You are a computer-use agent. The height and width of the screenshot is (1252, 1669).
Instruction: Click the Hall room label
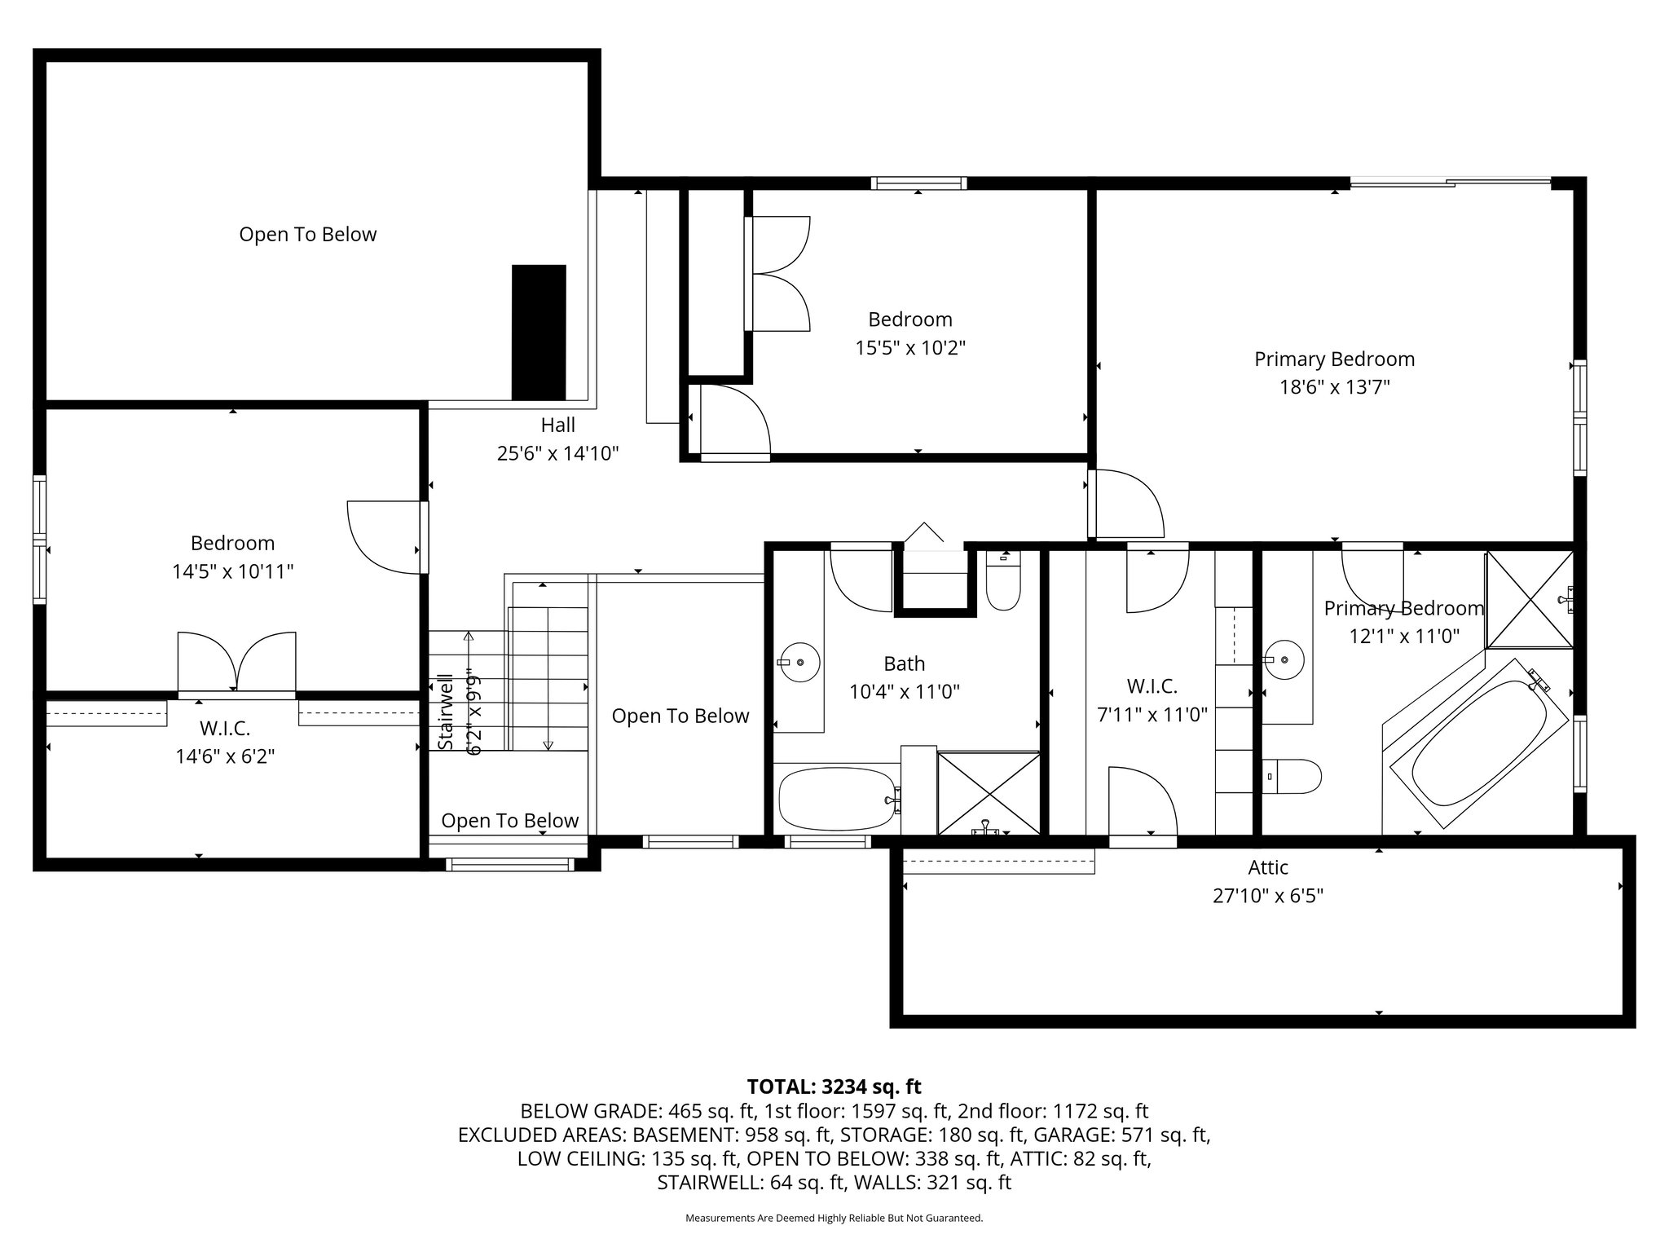pos(558,425)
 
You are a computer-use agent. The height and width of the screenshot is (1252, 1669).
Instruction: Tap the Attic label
pos(1268,867)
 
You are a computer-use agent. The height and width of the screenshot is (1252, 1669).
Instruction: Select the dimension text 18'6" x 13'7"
pos(1334,386)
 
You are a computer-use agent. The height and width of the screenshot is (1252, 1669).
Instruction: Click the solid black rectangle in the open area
pos(539,332)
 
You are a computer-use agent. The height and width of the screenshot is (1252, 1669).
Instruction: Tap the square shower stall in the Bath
pos(989,793)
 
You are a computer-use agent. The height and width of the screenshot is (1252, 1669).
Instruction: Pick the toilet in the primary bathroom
pos(1292,777)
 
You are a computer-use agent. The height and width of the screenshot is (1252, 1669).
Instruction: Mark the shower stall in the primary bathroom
pos(1530,599)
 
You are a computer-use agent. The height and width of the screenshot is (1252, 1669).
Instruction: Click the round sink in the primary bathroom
pos(1284,659)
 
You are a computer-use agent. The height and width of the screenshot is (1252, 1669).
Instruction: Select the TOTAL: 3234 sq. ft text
pos(834,1087)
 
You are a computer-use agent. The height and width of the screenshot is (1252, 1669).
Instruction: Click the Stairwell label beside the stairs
pos(445,712)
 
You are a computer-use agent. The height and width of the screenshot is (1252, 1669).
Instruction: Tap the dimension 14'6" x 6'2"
pos(225,756)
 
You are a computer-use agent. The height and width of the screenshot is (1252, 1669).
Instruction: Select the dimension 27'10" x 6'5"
pos(1267,896)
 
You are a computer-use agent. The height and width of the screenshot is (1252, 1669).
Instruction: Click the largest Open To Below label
pos(308,235)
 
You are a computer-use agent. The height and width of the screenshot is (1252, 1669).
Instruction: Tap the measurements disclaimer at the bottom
pos(834,1218)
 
